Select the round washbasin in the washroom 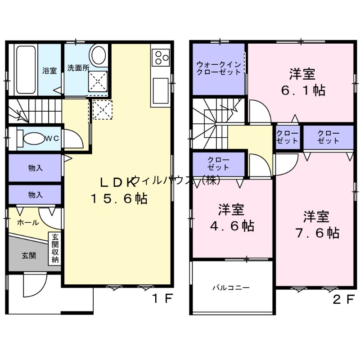(x=98, y=56)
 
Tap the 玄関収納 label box (x=55, y=249)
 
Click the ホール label (x=27, y=222)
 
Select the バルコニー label (x=231, y=288)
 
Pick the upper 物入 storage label (x=35, y=168)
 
